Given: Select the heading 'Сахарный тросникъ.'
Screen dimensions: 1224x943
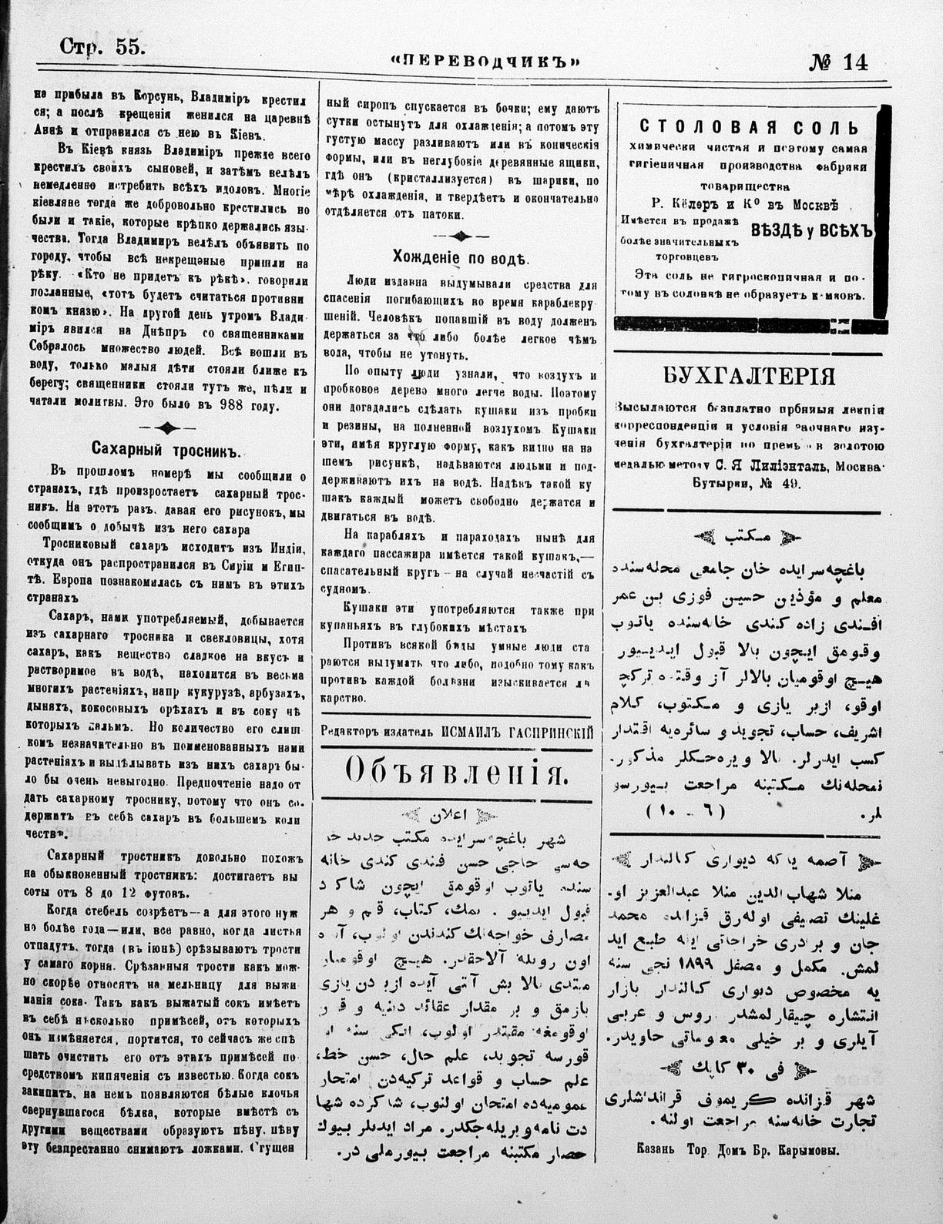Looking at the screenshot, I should [168, 449].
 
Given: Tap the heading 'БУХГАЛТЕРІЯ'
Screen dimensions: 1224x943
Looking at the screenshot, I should [750, 375].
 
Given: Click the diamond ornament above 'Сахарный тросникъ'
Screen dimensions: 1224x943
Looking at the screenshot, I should [167, 427].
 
